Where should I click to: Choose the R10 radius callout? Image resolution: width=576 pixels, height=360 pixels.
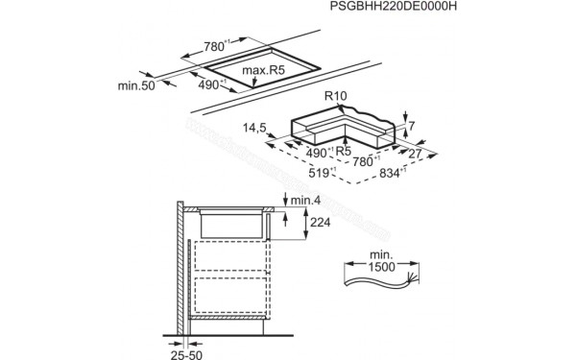tap(336, 96)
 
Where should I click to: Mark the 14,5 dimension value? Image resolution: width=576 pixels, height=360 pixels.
tap(256, 126)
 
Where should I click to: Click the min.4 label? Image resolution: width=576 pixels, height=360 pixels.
tap(305, 200)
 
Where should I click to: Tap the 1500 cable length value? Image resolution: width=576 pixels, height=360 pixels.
tap(384, 266)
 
